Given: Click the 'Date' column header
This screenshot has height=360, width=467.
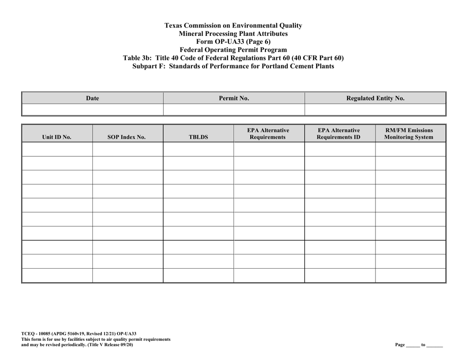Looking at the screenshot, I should [92, 98].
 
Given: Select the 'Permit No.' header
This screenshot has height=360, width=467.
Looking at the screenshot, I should [234, 98].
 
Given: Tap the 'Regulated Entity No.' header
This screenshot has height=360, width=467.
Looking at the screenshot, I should [375, 98].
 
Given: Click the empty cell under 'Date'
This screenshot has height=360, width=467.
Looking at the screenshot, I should [92, 109].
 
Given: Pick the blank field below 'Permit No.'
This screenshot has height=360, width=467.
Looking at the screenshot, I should [234, 109].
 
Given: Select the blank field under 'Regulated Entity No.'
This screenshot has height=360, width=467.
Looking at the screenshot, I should [375, 109].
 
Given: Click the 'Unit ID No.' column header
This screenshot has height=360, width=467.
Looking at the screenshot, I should [57, 138].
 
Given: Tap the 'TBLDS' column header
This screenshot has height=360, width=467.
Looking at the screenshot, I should [199, 138].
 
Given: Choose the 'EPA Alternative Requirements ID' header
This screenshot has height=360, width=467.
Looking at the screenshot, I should [340, 134].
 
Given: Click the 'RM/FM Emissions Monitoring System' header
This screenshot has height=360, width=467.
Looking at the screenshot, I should [409, 134].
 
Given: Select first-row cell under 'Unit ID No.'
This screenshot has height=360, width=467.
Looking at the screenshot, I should [57, 149].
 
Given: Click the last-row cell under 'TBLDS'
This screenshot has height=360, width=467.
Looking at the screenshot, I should [199, 276].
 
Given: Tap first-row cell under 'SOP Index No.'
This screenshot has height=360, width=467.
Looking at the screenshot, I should [128, 149].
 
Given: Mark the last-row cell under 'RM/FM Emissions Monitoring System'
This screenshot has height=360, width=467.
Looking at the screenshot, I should [410, 276].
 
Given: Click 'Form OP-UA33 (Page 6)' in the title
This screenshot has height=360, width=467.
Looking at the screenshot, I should [233, 42].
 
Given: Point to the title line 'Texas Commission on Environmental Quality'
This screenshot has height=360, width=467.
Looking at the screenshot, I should [233, 25].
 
